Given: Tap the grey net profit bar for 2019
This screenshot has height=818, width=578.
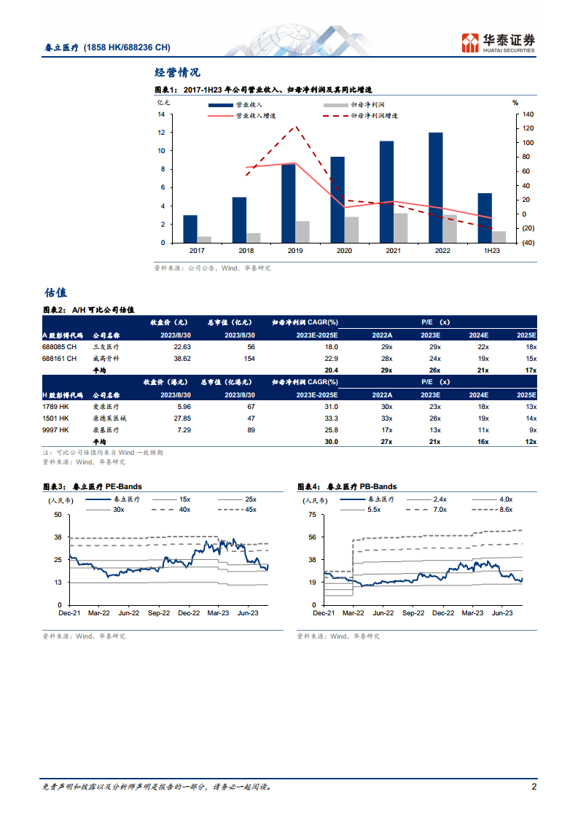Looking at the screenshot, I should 302,232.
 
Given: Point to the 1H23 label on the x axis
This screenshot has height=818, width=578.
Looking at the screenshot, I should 492,251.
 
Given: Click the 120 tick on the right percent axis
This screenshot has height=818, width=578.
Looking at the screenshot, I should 528,128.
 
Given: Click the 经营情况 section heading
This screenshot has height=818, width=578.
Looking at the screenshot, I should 177,72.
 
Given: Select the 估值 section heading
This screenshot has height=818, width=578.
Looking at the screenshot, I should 55,292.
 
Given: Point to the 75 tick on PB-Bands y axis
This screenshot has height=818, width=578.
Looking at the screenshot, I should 311,515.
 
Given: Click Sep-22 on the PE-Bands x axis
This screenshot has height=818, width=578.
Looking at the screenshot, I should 159,614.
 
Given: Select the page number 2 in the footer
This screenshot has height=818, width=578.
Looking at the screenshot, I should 534,787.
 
